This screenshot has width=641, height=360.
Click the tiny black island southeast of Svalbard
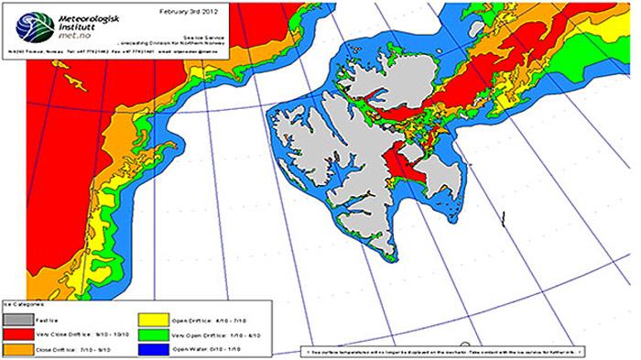pos(503,216)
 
